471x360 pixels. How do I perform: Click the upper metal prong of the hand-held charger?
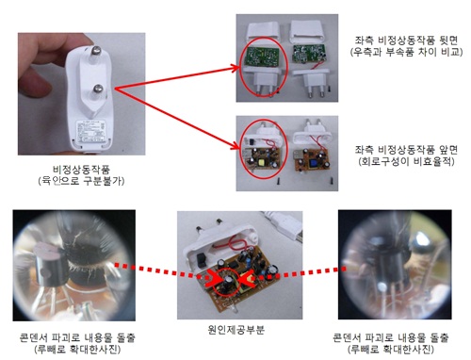[x=95, y=53]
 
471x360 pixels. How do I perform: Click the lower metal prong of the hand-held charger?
[x=98, y=90]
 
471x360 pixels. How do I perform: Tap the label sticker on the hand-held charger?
[x=89, y=131]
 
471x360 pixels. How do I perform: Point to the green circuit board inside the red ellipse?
[x=263, y=57]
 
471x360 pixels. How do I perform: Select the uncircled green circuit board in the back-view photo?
[x=308, y=54]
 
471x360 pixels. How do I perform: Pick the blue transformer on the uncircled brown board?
[x=313, y=163]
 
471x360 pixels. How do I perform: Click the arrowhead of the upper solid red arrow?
[x=235, y=67]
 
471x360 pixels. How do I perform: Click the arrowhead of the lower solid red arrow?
[x=235, y=146]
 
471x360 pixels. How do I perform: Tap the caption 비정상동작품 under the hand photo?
[x=81, y=170]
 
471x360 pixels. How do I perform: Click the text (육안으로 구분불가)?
[x=81, y=181]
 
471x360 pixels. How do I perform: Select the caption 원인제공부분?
[x=235, y=330]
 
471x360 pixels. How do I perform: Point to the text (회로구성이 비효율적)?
[x=406, y=161]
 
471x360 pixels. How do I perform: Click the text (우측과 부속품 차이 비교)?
[x=406, y=52]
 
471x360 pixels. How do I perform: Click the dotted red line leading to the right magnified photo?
[x=300, y=273]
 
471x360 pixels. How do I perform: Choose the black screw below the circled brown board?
[x=279, y=182]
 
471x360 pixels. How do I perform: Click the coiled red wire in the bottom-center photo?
[x=233, y=242]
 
